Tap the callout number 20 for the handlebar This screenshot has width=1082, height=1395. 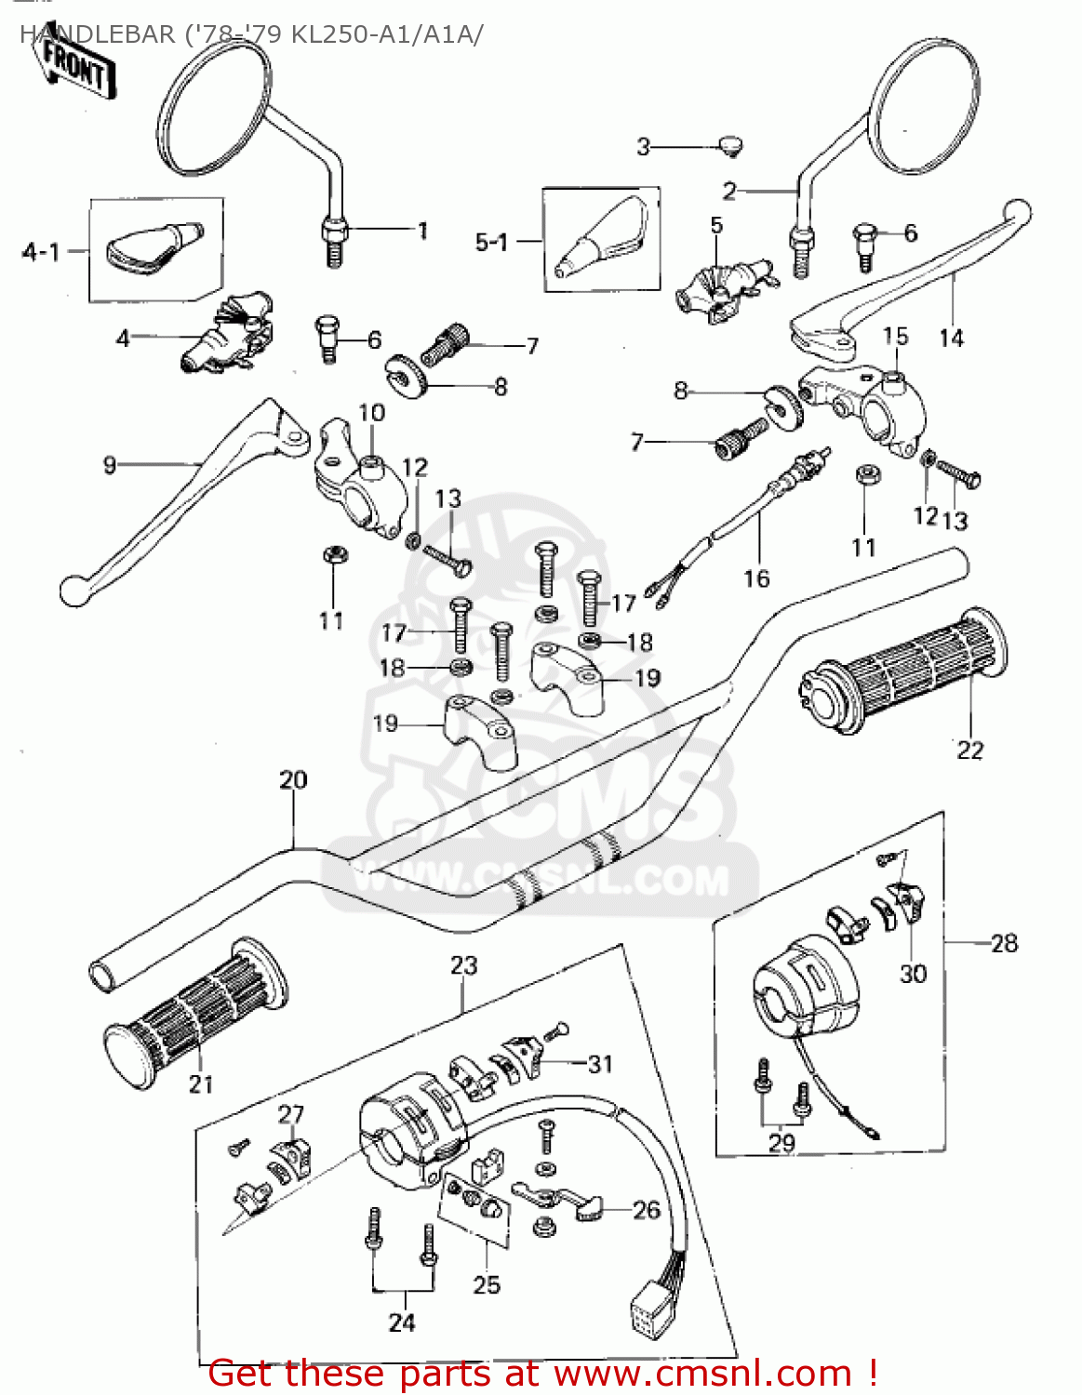pyautogui.click(x=293, y=780)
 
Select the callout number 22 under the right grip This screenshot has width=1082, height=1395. pyautogui.click(x=969, y=750)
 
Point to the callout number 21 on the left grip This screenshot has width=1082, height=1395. pyautogui.click(x=201, y=1083)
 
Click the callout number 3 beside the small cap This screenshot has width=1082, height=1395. pyautogui.click(x=643, y=147)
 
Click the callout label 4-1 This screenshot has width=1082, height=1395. pyautogui.click(x=41, y=252)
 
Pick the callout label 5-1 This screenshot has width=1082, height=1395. pyautogui.click(x=491, y=243)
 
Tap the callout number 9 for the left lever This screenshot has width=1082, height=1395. pyautogui.click(x=110, y=465)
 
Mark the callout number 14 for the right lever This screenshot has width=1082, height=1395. pyautogui.click(x=951, y=339)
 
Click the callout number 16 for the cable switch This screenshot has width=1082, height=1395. pyautogui.click(x=756, y=578)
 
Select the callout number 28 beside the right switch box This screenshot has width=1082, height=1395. pyautogui.click(x=1004, y=943)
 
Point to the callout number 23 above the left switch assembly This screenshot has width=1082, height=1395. pyautogui.click(x=463, y=965)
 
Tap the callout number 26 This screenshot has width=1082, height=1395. pyautogui.click(x=646, y=1209)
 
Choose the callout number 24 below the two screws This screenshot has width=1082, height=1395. pyautogui.click(x=402, y=1322)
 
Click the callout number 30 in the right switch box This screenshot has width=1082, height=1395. pyautogui.click(x=913, y=974)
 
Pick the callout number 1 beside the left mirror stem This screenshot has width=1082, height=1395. pyautogui.click(x=422, y=231)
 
